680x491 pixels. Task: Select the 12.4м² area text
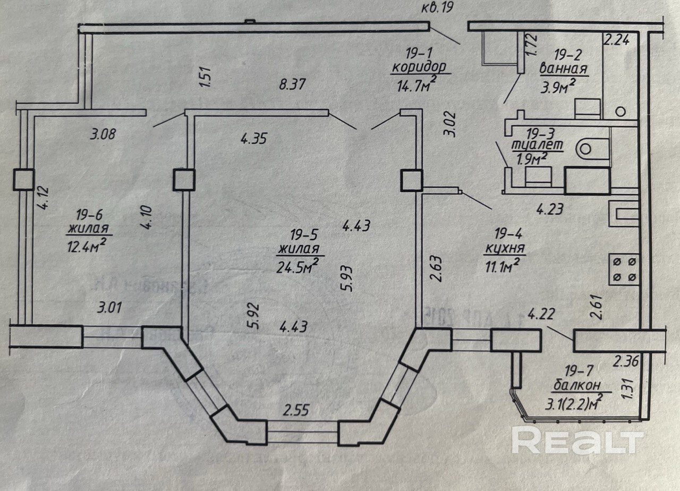(88, 245)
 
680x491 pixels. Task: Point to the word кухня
(505, 247)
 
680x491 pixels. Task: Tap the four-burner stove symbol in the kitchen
(624, 268)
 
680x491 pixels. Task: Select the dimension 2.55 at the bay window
(297, 410)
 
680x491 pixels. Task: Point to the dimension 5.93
(349, 276)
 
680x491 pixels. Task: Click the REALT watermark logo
(577, 441)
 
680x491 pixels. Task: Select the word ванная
(563, 69)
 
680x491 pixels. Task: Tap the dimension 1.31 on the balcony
(630, 385)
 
